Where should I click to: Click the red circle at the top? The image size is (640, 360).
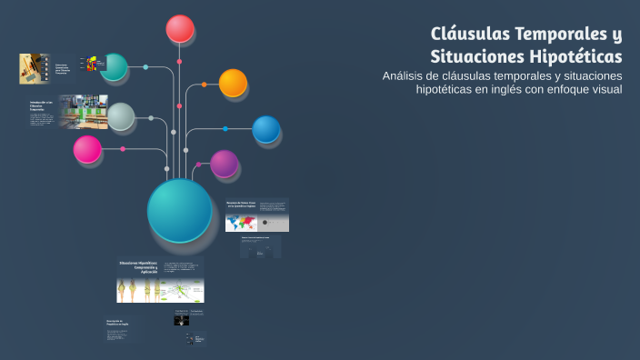pyautogui.click(x=180, y=29)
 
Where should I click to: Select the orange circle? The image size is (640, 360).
pyautogui.click(x=233, y=84)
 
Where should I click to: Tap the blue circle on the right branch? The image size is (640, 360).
pyautogui.click(x=265, y=129)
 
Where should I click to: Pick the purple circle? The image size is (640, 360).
pyautogui.click(x=225, y=165)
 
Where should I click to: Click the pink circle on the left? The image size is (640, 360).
pyautogui.click(x=87, y=149)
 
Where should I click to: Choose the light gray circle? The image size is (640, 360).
pyautogui.click(x=121, y=116)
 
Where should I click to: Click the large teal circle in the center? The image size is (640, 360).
pyautogui.click(x=179, y=210)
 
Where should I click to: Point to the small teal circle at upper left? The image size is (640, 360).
pyautogui.click(x=115, y=66)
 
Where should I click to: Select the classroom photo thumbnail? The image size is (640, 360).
pyautogui.click(x=84, y=112)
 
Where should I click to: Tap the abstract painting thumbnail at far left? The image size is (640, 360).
pyautogui.click(x=34, y=68)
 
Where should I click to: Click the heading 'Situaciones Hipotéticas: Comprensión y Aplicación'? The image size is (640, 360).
pyautogui.click(x=138, y=267)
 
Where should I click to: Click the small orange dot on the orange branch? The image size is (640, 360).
pyautogui.click(x=204, y=85)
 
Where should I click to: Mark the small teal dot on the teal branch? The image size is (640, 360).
pyautogui.click(x=145, y=66)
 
